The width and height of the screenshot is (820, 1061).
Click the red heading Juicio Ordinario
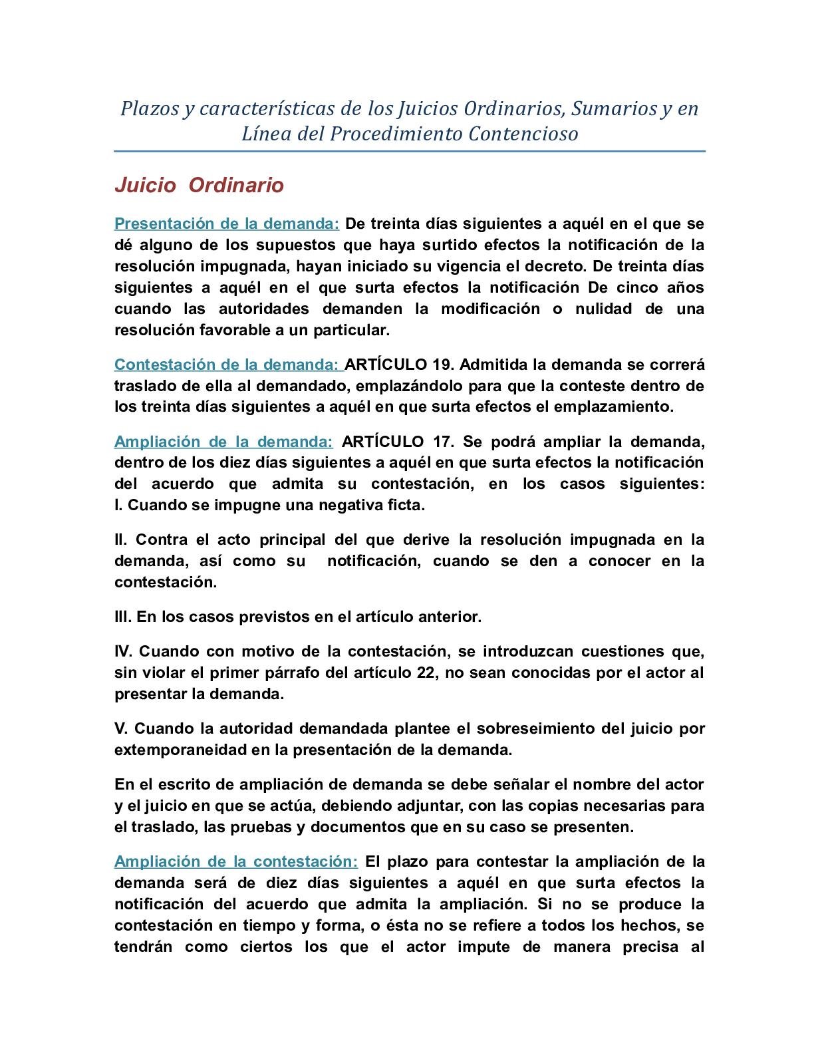point(199,185)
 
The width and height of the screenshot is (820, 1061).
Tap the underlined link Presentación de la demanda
point(226,224)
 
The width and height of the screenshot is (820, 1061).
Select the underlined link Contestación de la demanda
point(226,365)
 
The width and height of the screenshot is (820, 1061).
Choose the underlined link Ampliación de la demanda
point(223,442)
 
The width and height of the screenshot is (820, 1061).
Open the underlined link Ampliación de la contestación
point(235,861)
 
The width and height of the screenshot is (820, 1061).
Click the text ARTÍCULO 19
point(398,365)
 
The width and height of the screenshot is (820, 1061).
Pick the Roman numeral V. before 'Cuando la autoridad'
point(120,728)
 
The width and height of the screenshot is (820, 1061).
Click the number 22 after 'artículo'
point(427,673)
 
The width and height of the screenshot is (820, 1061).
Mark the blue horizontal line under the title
point(409,152)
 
